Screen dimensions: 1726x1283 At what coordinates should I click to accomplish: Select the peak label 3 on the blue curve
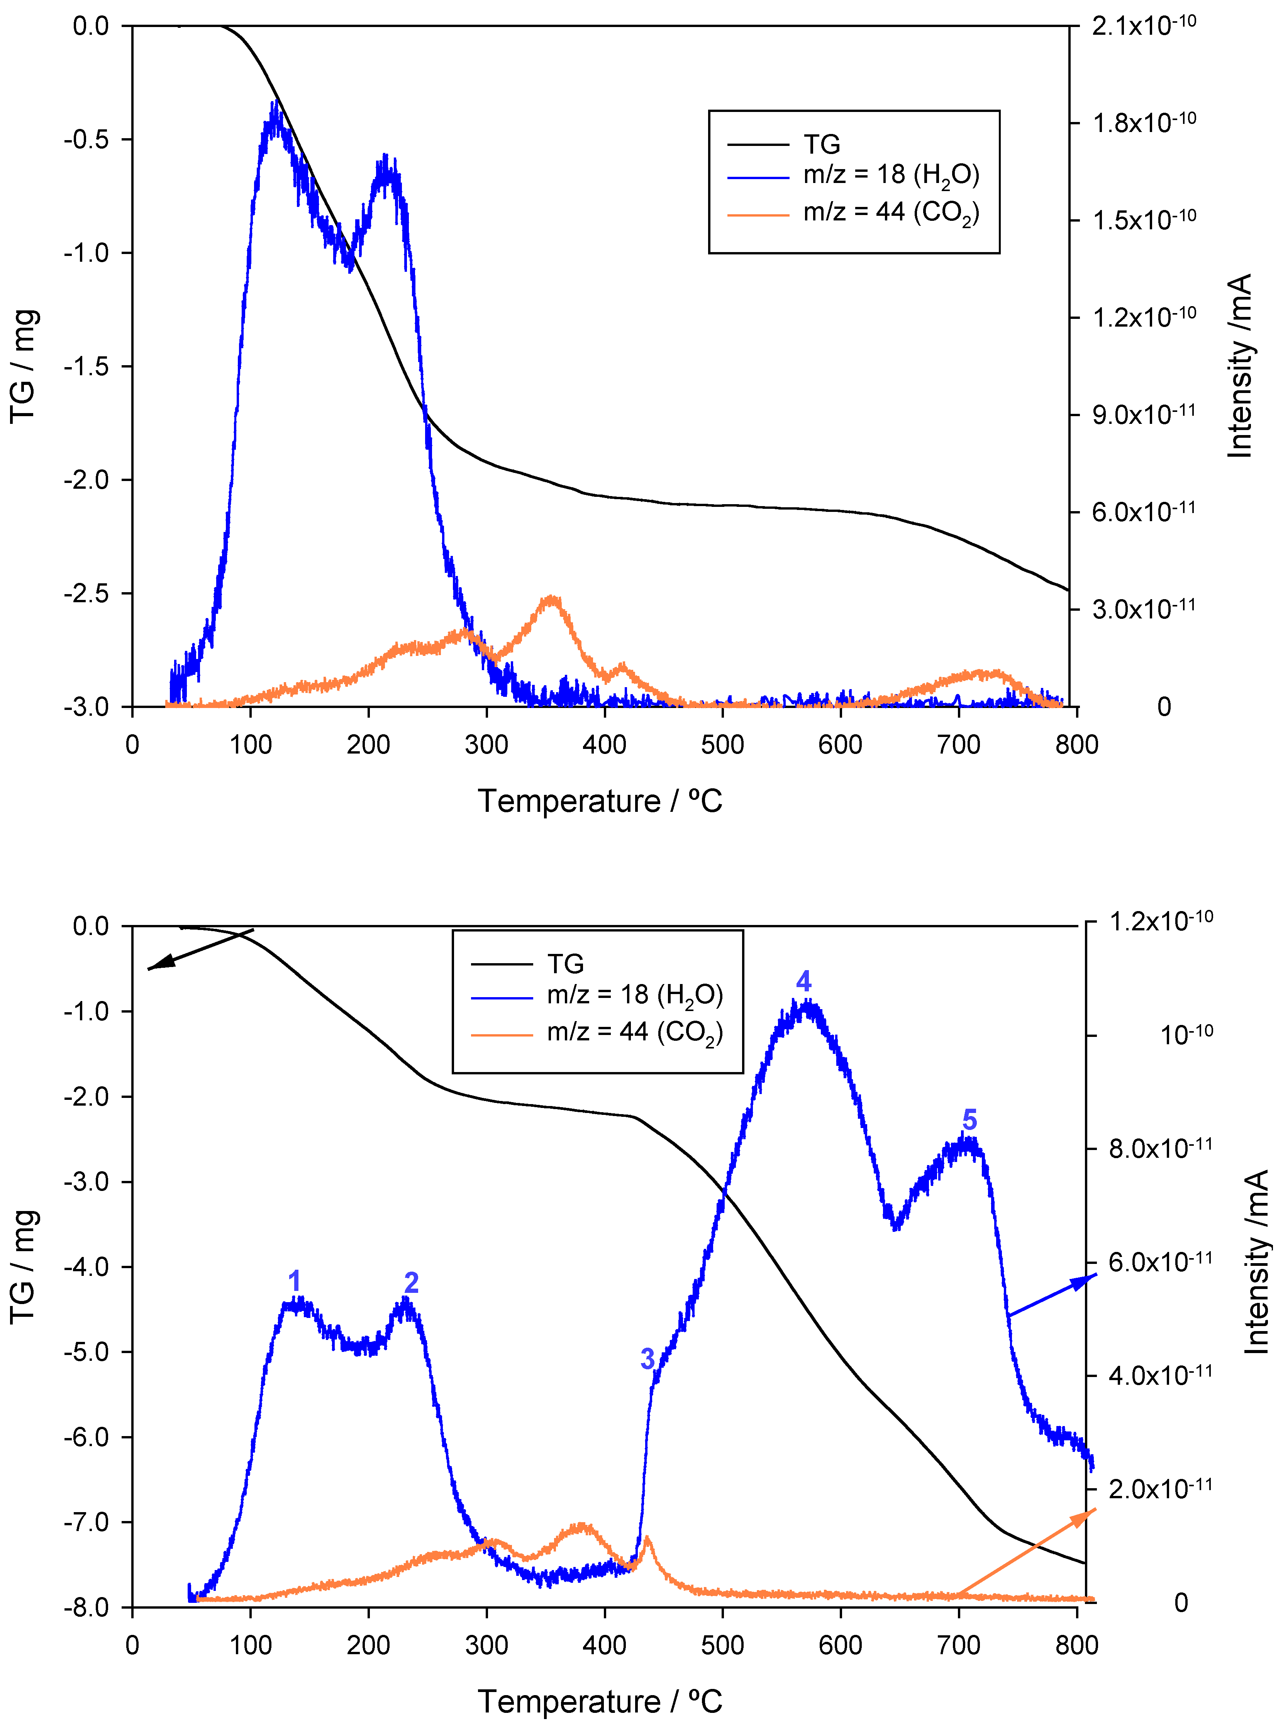click(x=647, y=1359)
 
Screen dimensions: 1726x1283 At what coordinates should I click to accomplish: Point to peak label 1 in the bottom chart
click(x=294, y=1281)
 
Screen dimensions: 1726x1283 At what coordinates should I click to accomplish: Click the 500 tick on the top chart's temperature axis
click(x=722, y=745)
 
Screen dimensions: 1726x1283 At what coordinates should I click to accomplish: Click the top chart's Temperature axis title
click(x=600, y=801)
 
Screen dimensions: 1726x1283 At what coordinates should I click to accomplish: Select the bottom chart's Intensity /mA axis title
click(x=1256, y=1262)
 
